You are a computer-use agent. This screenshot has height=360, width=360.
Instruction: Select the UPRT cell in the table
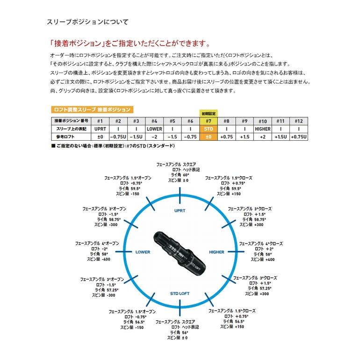pos(100,128)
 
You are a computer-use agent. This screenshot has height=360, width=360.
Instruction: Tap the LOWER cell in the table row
pos(154,128)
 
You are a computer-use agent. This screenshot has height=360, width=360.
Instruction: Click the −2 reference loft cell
pos(154,137)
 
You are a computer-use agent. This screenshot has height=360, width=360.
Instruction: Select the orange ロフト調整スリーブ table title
pos(91,109)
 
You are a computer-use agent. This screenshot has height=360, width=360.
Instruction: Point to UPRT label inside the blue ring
pos(180,210)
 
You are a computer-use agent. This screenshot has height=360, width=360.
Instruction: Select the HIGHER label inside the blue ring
pos(216,252)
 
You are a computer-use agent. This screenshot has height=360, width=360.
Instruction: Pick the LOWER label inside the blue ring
pos(142,252)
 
